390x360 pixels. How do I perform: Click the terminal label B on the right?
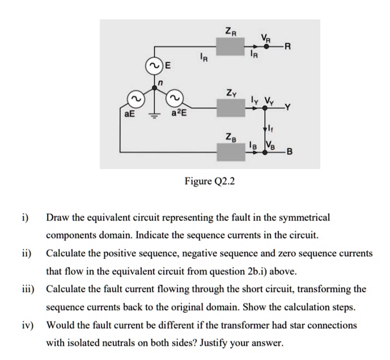pyautogui.click(x=290, y=152)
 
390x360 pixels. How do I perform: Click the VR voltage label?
pyautogui.click(x=265, y=37)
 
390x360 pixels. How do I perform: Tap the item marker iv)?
pyautogui.click(x=28, y=326)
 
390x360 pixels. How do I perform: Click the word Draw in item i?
pyautogui.click(x=58, y=217)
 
